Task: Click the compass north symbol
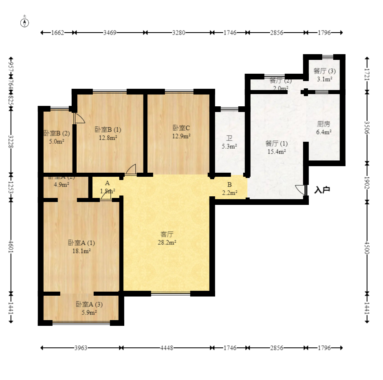(25, 22)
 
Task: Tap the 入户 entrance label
(322, 190)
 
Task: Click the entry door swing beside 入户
(300, 190)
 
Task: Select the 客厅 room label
(167, 234)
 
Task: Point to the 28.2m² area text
(167, 242)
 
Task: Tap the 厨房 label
(324, 124)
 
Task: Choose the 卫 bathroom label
(230, 138)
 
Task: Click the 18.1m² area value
(81, 251)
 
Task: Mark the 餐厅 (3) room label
(325, 71)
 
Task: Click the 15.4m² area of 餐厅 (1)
(276, 152)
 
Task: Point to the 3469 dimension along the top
(110, 33)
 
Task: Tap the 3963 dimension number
(81, 348)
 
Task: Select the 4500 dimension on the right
(367, 247)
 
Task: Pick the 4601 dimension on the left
(11, 247)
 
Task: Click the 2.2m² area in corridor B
(229, 193)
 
